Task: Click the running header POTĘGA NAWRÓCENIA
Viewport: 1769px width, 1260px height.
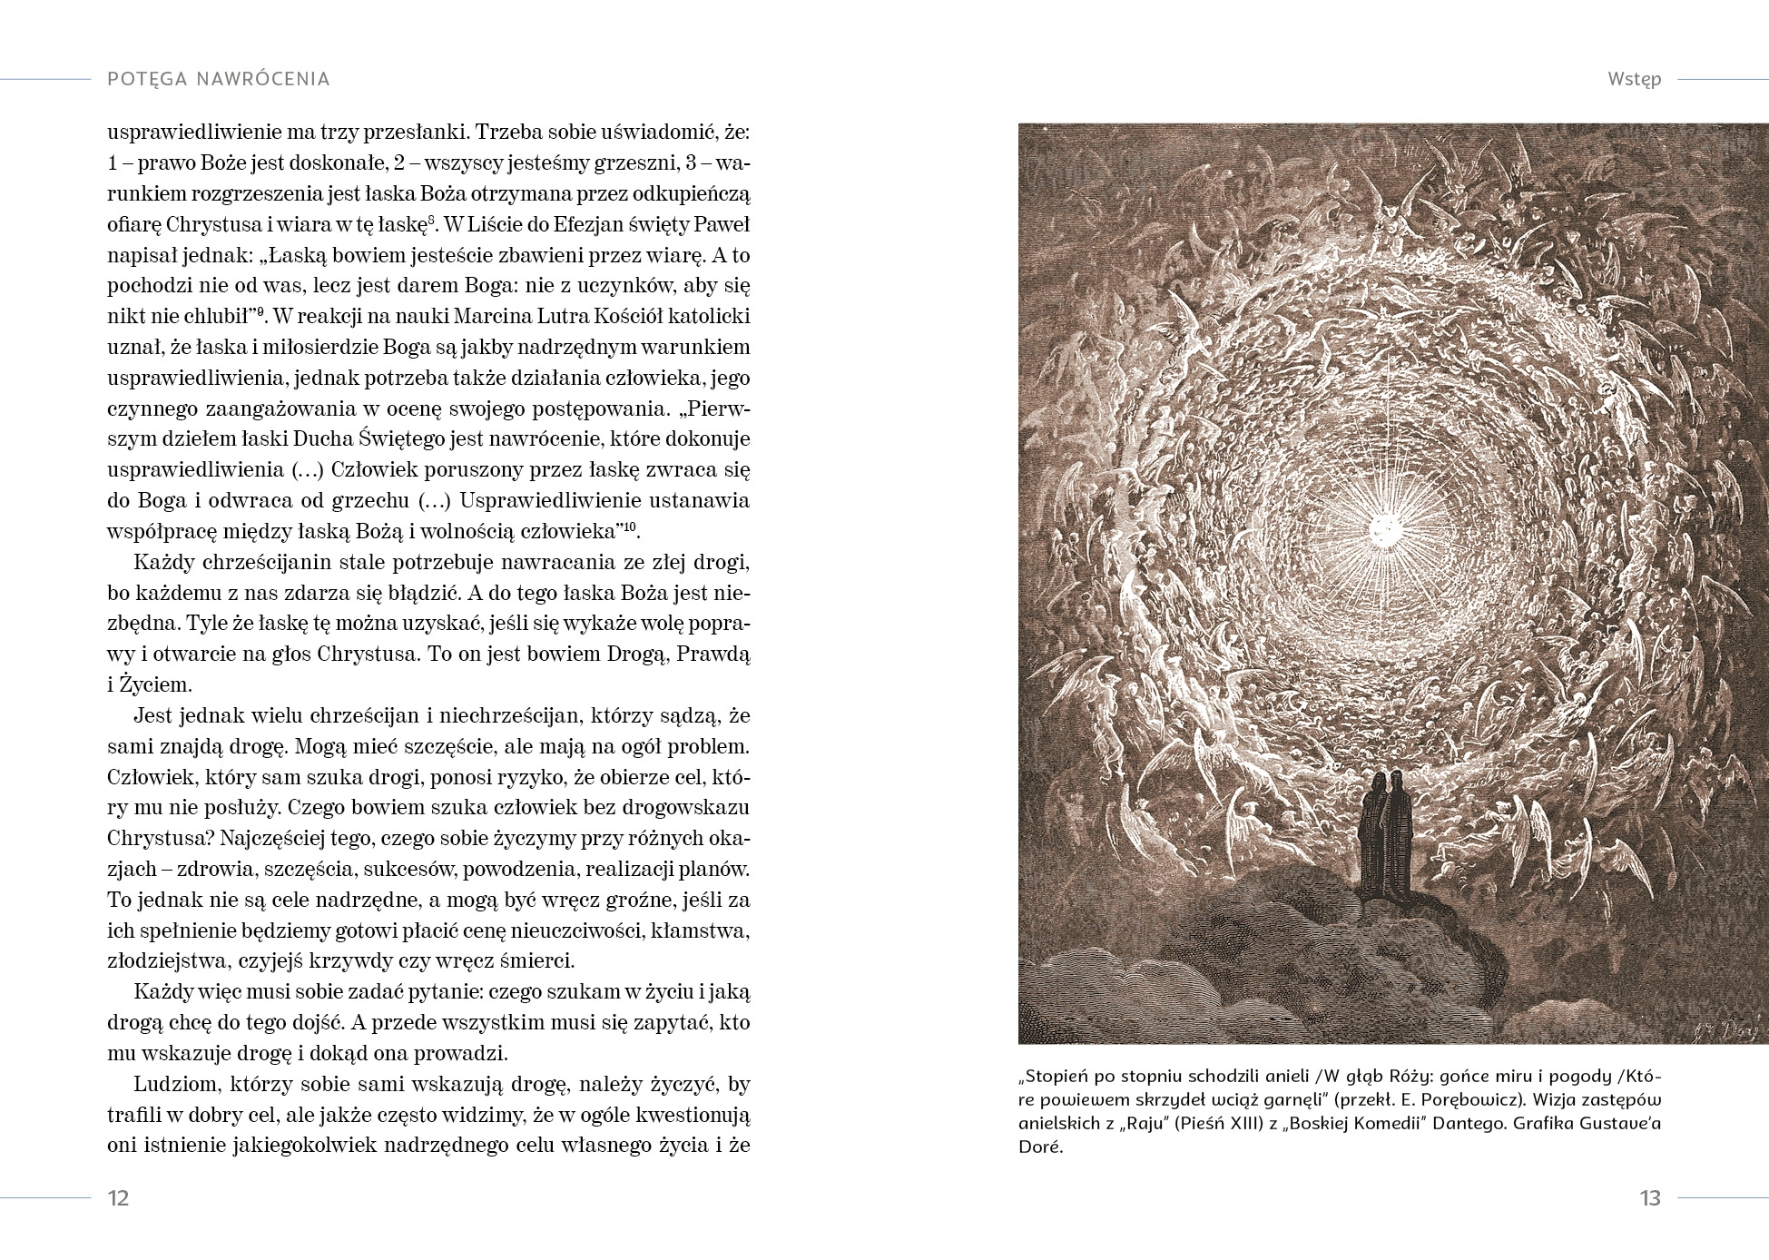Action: click(218, 79)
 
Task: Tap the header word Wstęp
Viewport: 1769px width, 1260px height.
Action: click(1634, 79)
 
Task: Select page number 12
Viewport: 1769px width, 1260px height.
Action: click(118, 1198)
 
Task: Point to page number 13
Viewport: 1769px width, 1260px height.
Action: click(1650, 1198)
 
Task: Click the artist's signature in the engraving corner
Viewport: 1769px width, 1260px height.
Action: click(1732, 1029)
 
